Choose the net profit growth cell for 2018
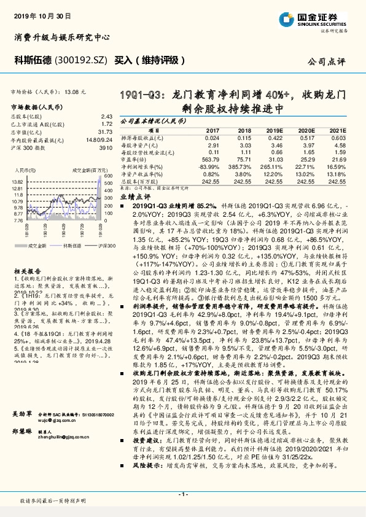point(239,166)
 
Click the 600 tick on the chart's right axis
point(106,176)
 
